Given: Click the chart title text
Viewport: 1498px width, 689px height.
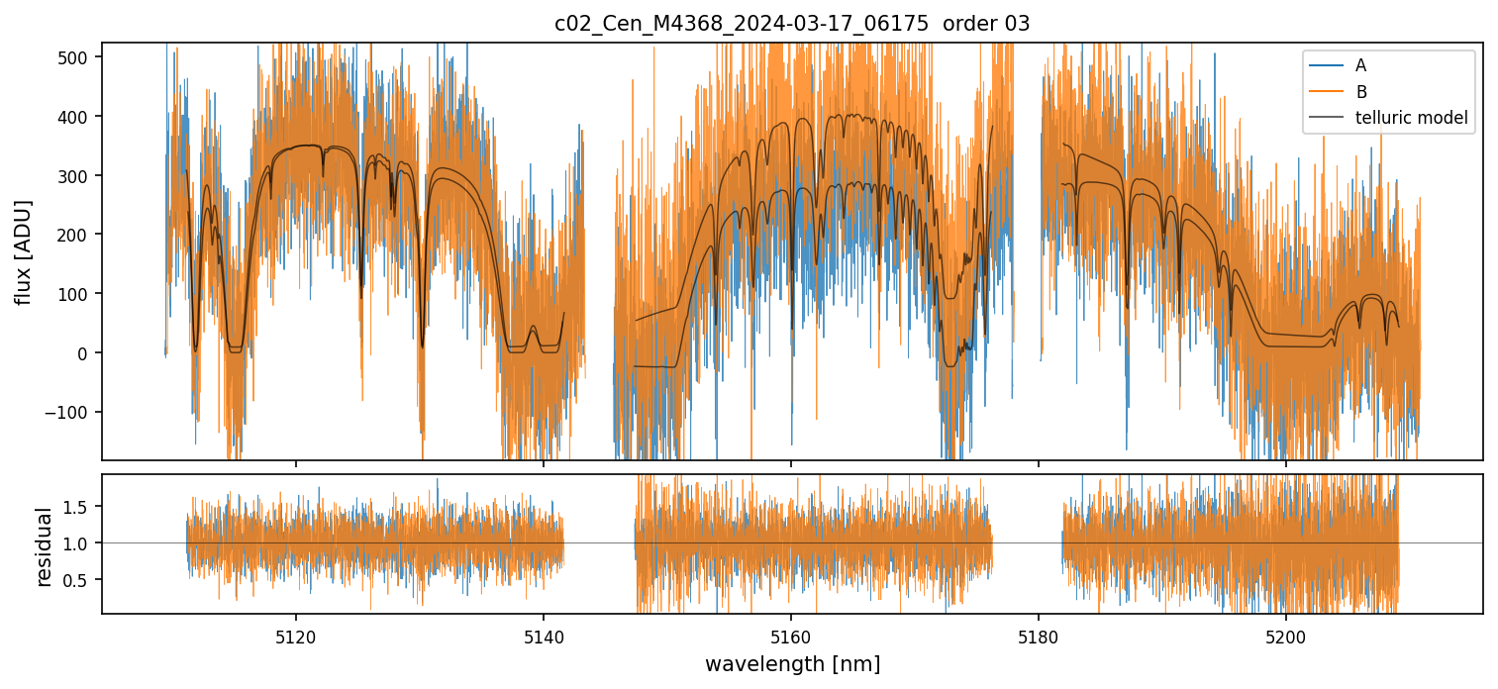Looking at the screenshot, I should tap(792, 24).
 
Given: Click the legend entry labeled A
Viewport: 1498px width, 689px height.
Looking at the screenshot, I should tap(1360, 65).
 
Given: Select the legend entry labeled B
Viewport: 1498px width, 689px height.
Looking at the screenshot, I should tap(1360, 92).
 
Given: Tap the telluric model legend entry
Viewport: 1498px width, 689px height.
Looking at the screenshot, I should tap(1411, 119).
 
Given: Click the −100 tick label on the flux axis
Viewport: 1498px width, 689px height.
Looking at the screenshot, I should tap(73, 412).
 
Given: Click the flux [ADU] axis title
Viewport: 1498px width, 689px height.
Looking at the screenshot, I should tap(24, 251).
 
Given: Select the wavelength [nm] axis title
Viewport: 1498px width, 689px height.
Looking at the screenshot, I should tap(792, 663).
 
